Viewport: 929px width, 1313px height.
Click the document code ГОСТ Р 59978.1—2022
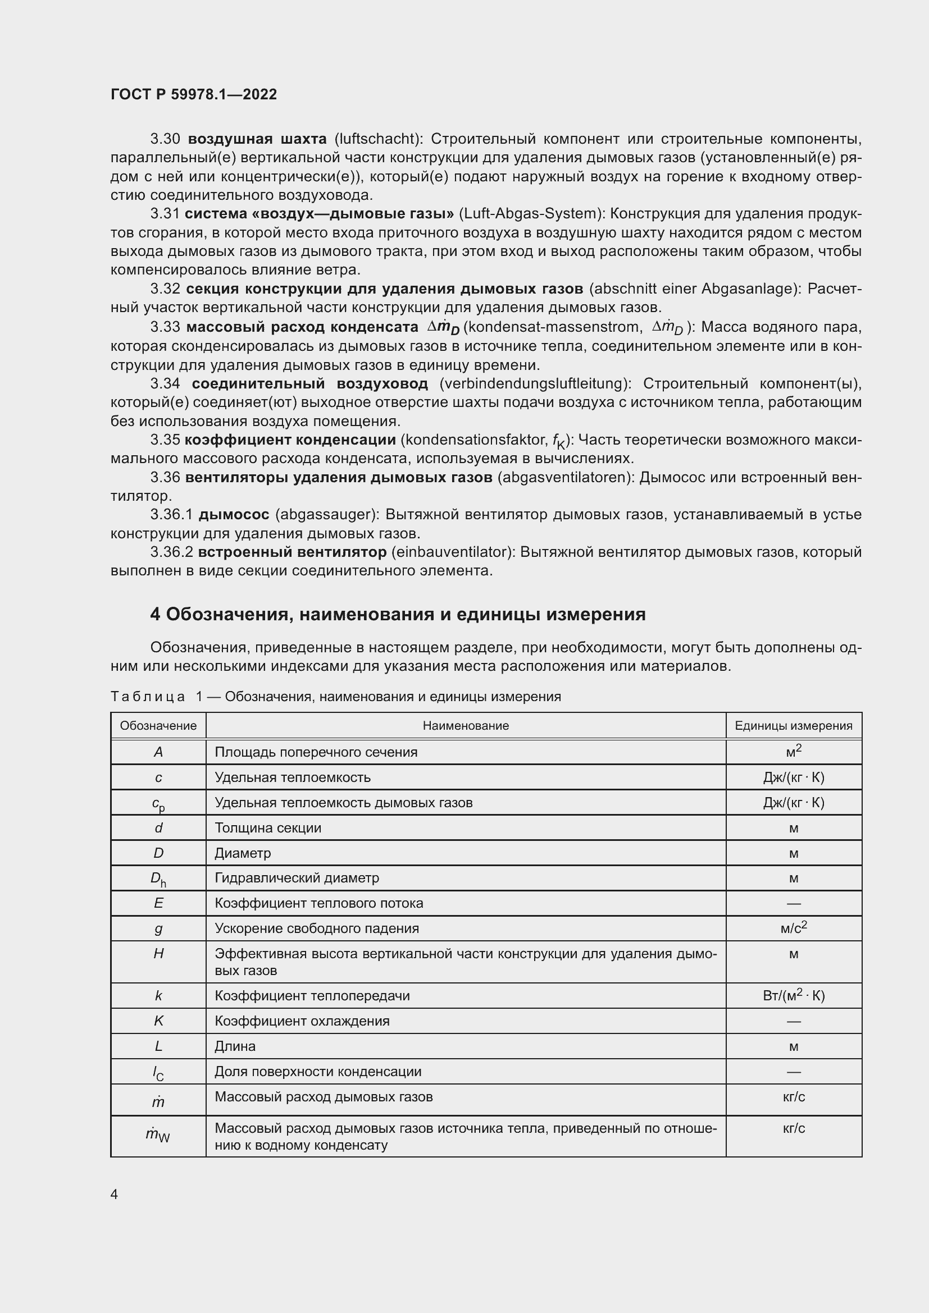pos(193,94)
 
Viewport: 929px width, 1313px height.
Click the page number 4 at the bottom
pos(114,1194)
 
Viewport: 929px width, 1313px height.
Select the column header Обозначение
pos(158,726)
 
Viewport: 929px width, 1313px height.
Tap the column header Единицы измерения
pos(794,726)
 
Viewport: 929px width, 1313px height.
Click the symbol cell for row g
pos(158,928)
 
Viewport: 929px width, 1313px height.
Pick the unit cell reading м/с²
pos(794,927)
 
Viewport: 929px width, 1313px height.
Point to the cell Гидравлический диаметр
pos(297,877)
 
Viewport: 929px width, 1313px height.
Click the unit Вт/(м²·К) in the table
pos(794,996)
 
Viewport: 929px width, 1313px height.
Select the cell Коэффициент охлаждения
pos(302,1021)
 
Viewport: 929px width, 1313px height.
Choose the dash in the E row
pos(794,904)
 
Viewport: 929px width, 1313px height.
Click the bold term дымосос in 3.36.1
pos(234,515)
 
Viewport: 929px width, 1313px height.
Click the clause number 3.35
pos(165,440)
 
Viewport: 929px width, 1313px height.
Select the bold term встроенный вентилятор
pos(292,552)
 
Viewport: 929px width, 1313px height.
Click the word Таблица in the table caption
pos(148,697)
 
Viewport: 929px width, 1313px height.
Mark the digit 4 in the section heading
pos(156,615)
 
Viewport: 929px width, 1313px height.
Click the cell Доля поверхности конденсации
pos(317,1071)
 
